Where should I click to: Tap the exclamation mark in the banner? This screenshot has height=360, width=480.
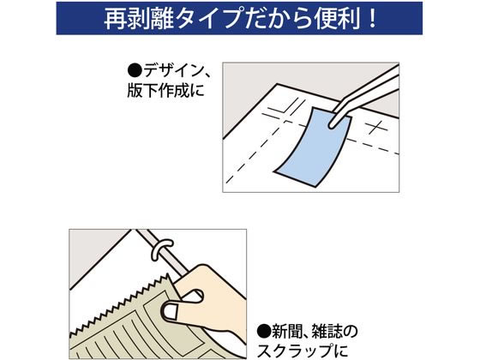coord(372,18)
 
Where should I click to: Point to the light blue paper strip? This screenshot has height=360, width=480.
coord(313,147)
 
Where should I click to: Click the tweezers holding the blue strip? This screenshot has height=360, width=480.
coord(364,95)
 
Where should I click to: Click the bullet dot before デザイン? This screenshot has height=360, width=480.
coord(135,70)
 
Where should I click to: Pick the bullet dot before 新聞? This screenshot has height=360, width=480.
coord(264,331)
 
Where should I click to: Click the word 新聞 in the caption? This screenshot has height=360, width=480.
coord(287,331)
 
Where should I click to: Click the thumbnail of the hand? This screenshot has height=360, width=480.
coord(171,311)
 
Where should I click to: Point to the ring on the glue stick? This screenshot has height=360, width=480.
coord(163,247)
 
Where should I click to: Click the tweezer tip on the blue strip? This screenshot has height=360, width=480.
coord(332,125)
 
